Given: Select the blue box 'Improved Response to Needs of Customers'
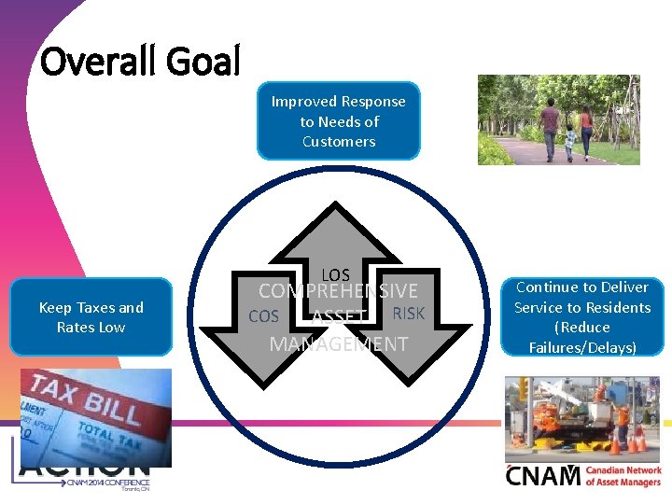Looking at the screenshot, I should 338,121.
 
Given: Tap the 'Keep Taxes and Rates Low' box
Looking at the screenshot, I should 91,317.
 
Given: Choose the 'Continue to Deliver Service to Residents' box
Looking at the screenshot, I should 582,316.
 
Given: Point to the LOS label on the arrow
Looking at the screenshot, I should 335,274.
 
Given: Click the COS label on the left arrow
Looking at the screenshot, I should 263,316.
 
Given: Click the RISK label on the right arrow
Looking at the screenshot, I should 408,314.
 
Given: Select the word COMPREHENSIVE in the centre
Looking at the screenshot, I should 338,291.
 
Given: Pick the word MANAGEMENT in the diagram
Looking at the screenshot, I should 338,343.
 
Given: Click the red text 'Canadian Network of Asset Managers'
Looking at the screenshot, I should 623,476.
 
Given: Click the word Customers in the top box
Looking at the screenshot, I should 338,142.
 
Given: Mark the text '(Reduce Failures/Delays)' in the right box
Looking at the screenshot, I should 582,338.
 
